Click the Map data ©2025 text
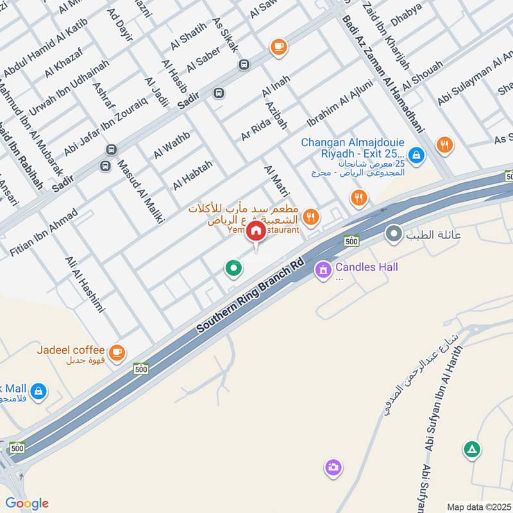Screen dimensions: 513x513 tap(478, 507)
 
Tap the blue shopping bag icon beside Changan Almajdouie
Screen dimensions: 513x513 tap(416, 154)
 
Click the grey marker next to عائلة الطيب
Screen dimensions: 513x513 tap(392, 234)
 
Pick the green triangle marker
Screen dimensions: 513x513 tap(472, 450)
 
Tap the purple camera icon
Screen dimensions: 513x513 tap(332, 467)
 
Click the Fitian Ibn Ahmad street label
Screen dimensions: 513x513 tap(44, 233)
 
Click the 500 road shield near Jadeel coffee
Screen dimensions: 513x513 tap(141, 369)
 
